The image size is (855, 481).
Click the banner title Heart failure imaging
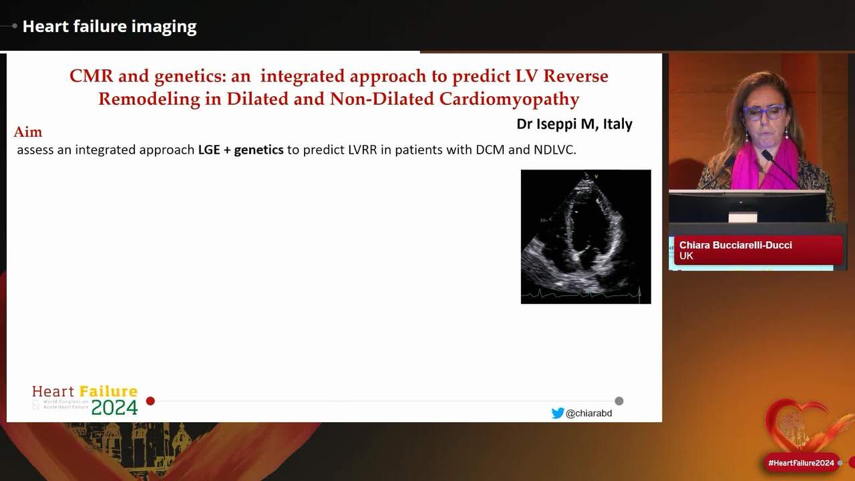click(x=110, y=27)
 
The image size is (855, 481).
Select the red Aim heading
click(x=28, y=132)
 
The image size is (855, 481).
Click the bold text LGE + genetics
click(x=240, y=150)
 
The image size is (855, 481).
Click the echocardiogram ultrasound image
click(x=586, y=236)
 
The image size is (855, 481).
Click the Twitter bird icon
click(x=558, y=413)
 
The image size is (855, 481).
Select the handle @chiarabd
click(x=588, y=414)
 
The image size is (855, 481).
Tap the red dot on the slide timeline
click(x=150, y=401)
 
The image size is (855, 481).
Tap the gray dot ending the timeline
click(x=619, y=401)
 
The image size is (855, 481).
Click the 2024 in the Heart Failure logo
click(x=114, y=408)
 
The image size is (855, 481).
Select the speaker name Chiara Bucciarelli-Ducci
click(x=735, y=245)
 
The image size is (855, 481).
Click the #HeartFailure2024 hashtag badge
click(x=801, y=463)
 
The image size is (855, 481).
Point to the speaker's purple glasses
click(x=765, y=112)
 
